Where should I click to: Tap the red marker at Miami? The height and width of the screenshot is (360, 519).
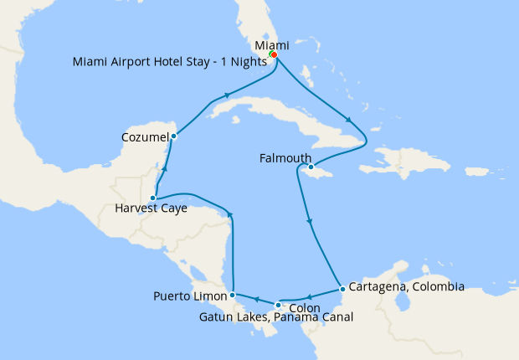274,55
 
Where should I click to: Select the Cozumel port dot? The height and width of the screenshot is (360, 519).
173,136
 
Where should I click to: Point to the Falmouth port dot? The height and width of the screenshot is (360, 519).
311,167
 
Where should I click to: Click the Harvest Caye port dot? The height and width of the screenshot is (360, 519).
153,198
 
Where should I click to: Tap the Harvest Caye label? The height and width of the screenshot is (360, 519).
152,208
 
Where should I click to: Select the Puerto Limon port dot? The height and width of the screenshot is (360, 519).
232,295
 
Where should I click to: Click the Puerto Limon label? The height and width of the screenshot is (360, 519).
190,296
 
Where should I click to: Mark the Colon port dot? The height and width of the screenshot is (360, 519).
278,305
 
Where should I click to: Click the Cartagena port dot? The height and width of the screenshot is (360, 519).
342,290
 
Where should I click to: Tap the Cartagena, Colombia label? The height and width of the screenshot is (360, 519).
405,286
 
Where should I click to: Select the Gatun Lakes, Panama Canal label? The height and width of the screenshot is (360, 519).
276,317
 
